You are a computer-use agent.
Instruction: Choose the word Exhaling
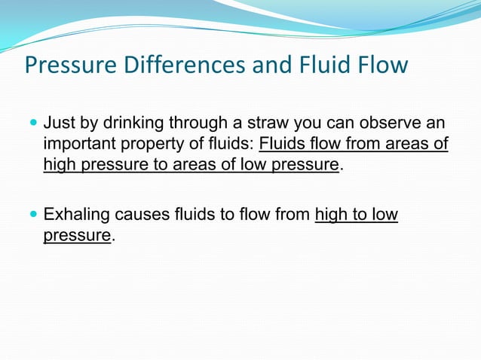pyautogui.click(x=76, y=215)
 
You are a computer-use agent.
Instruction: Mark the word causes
pyautogui.click(x=139, y=215)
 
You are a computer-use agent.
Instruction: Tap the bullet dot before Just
pyautogui.click(x=32, y=122)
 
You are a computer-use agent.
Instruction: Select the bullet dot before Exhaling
pyautogui.click(x=32, y=215)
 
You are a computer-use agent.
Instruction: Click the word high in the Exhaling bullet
pyautogui.click(x=329, y=215)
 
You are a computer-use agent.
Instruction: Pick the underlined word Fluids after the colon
pyautogui.click(x=280, y=143)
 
